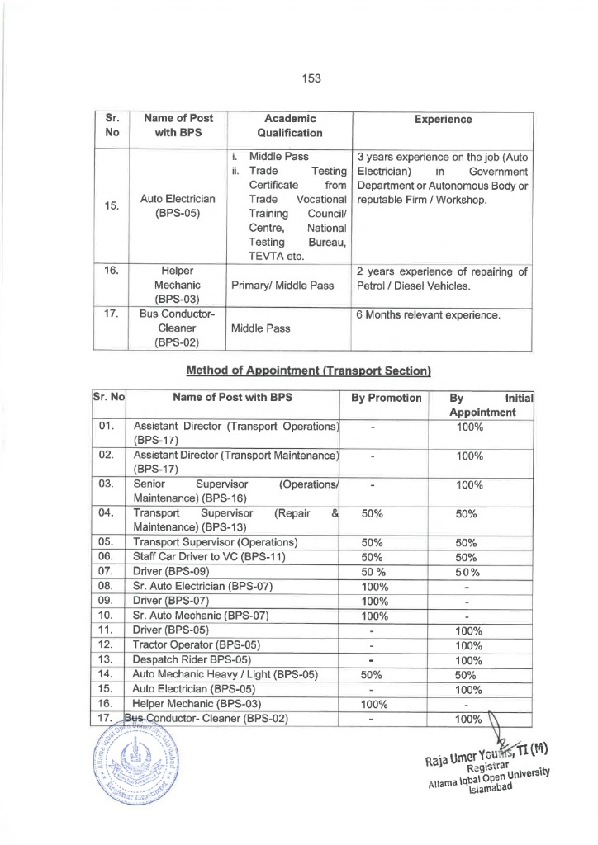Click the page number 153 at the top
(311, 78)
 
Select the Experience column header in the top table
(444, 120)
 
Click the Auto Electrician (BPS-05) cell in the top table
(178, 206)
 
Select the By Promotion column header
(386, 398)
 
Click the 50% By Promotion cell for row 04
(373, 512)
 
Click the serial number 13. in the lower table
(105, 659)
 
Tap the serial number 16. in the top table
(112, 270)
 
